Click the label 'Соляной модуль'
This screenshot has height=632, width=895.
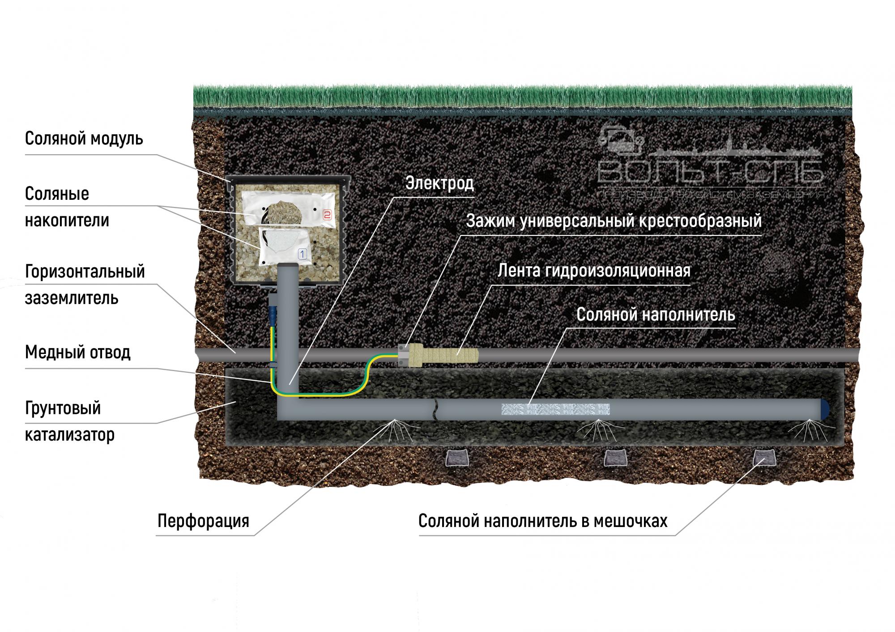(84, 139)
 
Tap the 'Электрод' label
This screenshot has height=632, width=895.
(439, 183)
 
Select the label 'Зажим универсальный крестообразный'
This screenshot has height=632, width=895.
(614, 221)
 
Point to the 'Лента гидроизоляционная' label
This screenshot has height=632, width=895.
(594, 270)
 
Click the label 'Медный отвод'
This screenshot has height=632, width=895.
(77, 352)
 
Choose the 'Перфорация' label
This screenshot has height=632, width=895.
(203, 521)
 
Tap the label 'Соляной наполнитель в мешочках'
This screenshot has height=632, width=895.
(543, 521)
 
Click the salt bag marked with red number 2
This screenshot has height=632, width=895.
(288, 209)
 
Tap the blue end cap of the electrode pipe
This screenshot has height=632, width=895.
(823, 409)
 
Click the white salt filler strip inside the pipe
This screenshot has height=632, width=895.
(555, 409)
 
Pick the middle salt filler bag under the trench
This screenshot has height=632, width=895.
(615, 458)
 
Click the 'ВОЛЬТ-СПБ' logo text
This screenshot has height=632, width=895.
(711, 172)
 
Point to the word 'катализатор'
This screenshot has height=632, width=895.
(69, 434)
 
